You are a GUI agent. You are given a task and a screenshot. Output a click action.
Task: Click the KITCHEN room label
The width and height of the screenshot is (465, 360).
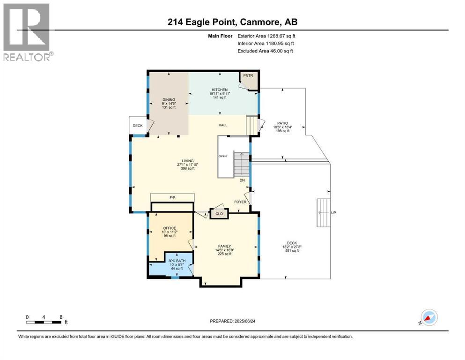pyautogui.click(x=219, y=90)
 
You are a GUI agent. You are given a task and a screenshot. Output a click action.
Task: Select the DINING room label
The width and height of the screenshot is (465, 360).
pyautogui.click(x=169, y=99)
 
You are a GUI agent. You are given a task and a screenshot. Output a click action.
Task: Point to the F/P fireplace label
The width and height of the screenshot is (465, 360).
pyautogui.click(x=172, y=198)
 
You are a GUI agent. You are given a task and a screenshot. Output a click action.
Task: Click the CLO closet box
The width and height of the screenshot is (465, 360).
pyautogui.click(x=219, y=213)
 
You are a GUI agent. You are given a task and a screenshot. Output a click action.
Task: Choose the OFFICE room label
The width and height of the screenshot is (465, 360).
pyautogui.click(x=169, y=228)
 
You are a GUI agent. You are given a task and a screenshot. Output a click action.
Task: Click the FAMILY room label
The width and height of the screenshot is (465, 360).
pyautogui.click(x=225, y=246)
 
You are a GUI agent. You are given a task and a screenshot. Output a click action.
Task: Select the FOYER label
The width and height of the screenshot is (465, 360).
pyautogui.click(x=241, y=202)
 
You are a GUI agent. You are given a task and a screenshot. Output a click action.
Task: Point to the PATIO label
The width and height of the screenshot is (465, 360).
pyautogui.click(x=281, y=123)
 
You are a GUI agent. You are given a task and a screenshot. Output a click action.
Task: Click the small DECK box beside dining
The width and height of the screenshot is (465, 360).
pyautogui.click(x=138, y=126)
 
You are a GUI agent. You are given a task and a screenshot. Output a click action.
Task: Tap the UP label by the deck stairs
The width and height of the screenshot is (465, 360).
pyautogui.click(x=333, y=213)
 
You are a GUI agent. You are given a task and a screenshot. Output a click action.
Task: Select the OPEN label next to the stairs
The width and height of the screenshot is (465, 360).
pyautogui.click(x=222, y=156)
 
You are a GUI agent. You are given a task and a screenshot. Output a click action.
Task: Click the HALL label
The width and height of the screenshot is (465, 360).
pyautogui.click(x=222, y=125)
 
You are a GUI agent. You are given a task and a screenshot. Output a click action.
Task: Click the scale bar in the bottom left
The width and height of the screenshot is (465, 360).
pyautogui.click(x=44, y=322)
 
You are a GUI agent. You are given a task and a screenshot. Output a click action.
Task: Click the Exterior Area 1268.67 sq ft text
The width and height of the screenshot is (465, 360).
pyautogui.click(x=266, y=36)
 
